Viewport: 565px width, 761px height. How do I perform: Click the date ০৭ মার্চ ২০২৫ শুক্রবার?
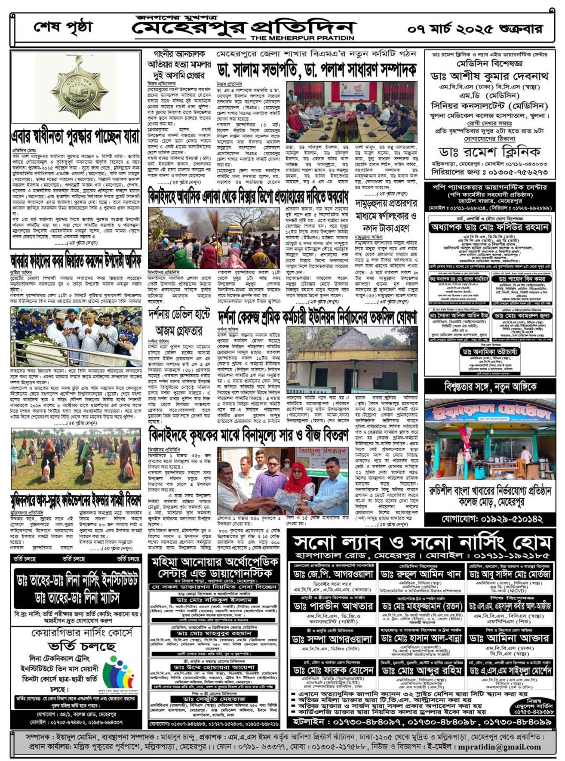(475, 29)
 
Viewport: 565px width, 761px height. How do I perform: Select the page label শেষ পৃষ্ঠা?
(63, 28)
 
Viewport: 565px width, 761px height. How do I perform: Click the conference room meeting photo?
(351, 112)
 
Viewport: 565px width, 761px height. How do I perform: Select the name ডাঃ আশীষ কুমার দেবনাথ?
(489, 76)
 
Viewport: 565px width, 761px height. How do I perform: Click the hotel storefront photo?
(489, 439)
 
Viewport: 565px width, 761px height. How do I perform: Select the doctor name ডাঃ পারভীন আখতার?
(333, 606)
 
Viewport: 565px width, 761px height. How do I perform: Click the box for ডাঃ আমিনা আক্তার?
(510, 638)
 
